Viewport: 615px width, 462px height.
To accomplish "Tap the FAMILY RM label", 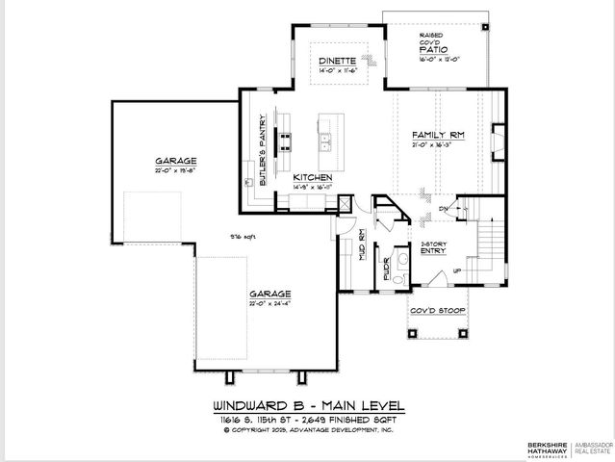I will coord(438,135).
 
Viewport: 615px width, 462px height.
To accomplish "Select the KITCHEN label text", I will coord(313,178).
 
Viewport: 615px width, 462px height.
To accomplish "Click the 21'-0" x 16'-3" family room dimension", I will coord(438,147).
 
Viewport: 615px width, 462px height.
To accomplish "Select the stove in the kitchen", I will coord(285,142).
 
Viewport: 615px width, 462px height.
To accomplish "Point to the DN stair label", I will coord(442,207).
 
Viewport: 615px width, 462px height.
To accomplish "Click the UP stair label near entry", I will coord(456,272).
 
